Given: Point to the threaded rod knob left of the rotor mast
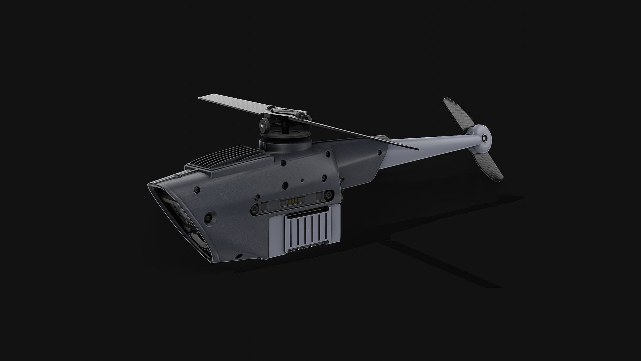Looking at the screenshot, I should (263, 125).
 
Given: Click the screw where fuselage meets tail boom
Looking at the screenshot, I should (379, 153).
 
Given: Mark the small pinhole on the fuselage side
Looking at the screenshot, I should (302, 180).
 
